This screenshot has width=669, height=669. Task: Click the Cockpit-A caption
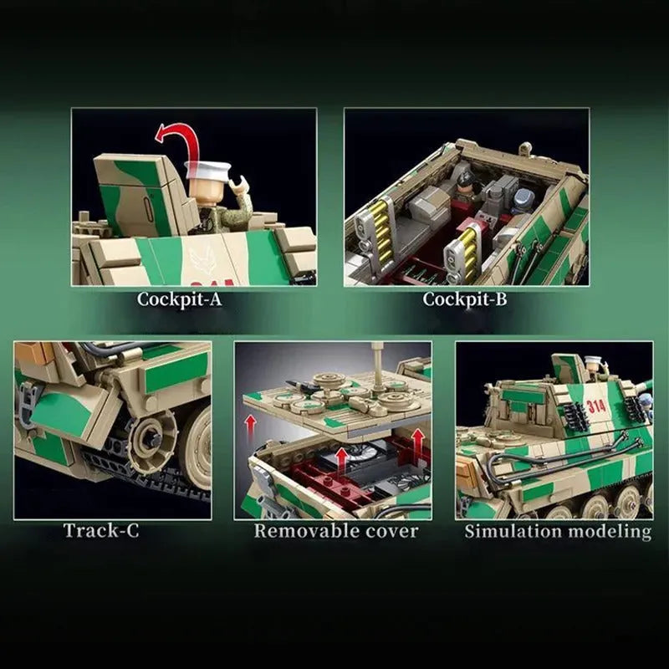coord(180,299)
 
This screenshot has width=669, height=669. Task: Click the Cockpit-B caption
coord(465,299)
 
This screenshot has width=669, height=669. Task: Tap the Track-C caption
coord(101,530)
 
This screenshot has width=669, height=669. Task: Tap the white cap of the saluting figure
coord(207,169)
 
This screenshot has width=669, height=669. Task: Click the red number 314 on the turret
coord(596,406)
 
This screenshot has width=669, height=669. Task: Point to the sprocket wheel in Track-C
coord(152,438)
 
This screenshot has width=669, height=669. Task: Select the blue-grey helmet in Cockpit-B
coord(524,199)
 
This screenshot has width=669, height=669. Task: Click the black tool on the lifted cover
coord(304,386)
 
